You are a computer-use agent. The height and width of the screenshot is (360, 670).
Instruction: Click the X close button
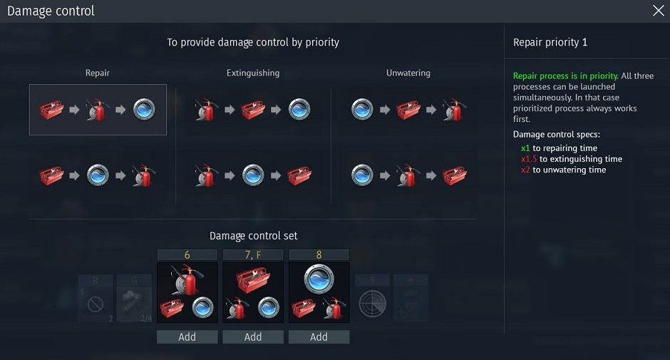click(658, 11)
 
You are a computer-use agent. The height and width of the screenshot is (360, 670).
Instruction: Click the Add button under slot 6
click(187, 337)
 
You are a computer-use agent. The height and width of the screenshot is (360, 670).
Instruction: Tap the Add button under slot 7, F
click(253, 337)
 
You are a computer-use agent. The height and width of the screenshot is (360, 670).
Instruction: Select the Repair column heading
click(98, 73)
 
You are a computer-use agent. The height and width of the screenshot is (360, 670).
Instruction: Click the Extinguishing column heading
click(253, 73)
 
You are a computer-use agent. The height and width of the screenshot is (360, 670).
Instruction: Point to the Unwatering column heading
click(408, 73)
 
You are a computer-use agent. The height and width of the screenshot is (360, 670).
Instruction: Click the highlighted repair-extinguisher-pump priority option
click(98, 110)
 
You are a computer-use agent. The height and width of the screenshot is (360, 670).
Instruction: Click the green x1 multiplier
click(525, 148)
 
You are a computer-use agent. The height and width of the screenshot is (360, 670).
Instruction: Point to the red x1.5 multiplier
click(529, 159)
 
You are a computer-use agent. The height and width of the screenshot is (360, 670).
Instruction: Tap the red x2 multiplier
click(525, 170)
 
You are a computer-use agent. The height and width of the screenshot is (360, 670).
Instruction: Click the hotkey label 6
click(187, 254)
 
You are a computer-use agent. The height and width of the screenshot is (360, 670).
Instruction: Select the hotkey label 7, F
click(253, 254)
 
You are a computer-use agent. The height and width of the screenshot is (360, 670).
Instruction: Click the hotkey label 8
click(319, 254)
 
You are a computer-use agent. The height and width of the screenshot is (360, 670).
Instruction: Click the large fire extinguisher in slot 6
click(187, 279)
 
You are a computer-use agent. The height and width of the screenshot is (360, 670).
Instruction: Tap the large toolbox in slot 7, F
click(253, 279)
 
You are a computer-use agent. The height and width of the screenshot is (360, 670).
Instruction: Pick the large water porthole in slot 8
click(319, 279)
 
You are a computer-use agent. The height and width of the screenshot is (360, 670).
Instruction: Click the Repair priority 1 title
click(550, 42)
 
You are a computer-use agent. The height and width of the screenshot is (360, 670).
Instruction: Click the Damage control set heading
click(253, 236)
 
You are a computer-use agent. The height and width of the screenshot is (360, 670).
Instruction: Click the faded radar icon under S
click(372, 304)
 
